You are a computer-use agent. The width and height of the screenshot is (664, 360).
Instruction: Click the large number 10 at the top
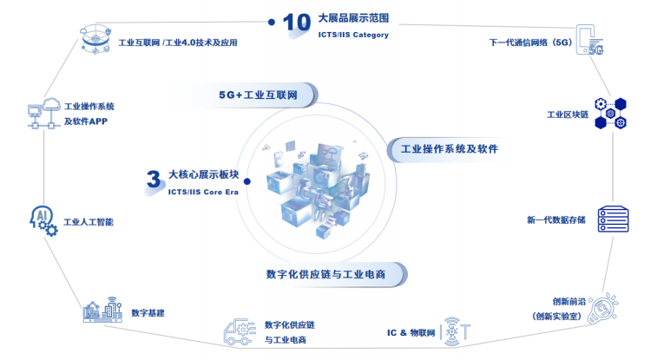pyautogui.click(x=297, y=23)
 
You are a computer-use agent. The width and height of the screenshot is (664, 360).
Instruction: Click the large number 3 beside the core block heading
pyautogui.click(x=154, y=180)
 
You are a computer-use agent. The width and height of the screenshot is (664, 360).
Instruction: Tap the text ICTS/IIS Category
pyautogui.click(x=353, y=36)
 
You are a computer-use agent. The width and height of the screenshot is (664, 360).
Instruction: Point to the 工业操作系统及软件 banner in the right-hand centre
pyautogui.click(x=449, y=149)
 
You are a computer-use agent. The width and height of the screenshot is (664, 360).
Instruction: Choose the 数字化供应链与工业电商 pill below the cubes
pyautogui.click(x=325, y=274)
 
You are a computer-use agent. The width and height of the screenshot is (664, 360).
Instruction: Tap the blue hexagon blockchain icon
pyautogui.click(x=610, y=113)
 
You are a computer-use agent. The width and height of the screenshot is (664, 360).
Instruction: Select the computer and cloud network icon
pyautogui.click(x=43, y=113)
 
